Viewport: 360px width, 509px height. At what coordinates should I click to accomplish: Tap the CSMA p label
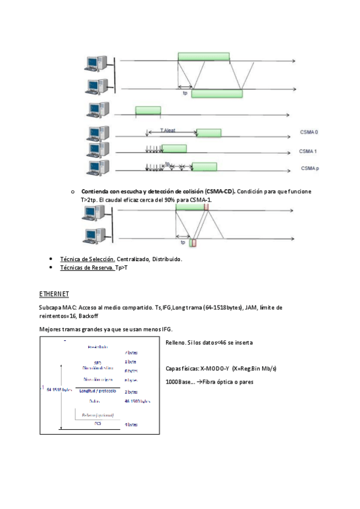(310, 169)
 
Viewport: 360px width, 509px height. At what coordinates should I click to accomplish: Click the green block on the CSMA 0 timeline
(209, 133)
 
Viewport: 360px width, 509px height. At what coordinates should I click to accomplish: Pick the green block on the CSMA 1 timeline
(174, 149)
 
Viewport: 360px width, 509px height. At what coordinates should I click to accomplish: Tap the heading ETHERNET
(55, 294)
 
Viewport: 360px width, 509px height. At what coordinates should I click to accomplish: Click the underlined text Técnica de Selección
(87, 259)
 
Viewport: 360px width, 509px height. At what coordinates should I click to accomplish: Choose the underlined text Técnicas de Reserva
(87, 268)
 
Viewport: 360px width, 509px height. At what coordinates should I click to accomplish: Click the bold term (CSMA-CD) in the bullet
(219, 191)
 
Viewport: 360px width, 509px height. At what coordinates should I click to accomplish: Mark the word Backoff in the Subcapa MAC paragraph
(88, 316)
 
